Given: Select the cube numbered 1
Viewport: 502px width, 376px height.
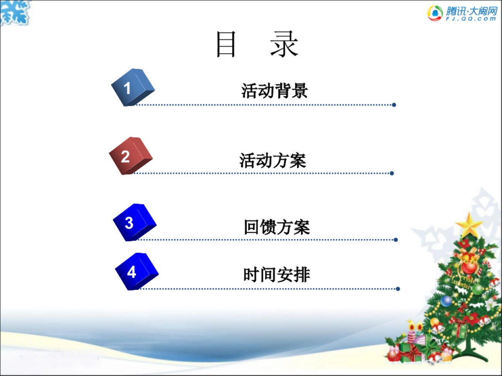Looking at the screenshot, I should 132,87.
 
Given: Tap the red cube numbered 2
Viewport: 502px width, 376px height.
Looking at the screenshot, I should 130,155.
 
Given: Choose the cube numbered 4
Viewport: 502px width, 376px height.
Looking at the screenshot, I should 136,271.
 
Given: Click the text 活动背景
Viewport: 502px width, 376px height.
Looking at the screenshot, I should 274,91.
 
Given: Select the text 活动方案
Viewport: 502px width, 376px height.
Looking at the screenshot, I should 273,160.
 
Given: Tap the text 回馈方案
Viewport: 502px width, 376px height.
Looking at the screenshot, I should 277,227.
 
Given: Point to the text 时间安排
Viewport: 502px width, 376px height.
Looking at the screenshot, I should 277,275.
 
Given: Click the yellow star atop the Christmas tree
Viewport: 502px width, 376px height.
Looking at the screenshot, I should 469,225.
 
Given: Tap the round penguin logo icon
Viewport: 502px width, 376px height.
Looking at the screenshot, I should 435,13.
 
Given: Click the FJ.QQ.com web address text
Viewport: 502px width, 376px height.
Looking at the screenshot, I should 471,19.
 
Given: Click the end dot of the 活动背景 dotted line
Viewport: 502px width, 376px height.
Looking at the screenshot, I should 394,105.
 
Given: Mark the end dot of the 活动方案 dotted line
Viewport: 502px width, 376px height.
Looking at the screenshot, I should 392,173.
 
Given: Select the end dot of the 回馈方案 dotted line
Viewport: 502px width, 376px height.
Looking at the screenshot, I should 396,240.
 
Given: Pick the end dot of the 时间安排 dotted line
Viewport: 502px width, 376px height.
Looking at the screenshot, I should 398,289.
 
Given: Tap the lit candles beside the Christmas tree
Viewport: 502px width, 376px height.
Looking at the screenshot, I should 414,330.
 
